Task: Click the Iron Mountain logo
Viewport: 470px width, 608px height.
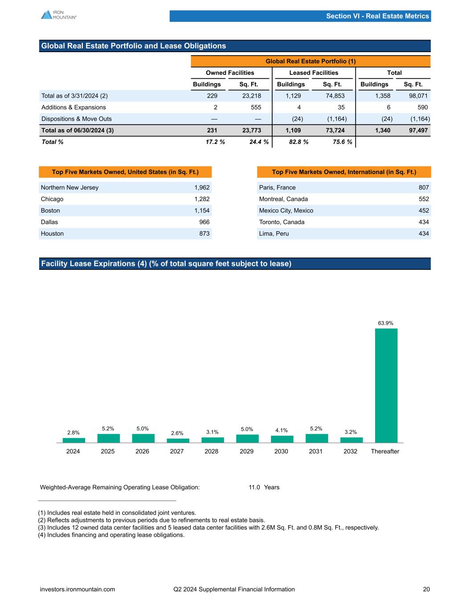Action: [58, 15]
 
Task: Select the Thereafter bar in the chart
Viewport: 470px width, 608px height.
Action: [386, 385]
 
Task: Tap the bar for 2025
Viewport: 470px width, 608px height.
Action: [108, 438]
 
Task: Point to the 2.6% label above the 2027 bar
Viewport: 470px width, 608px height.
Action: [177, 433]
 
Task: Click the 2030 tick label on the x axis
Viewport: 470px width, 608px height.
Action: [281, 451]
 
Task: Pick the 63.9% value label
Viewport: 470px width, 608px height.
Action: [386, 323]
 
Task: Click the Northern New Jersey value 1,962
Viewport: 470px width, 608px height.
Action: [202, 188]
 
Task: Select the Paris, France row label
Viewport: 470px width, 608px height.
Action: [277, 188]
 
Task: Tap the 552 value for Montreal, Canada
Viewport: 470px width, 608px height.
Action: [423, 199]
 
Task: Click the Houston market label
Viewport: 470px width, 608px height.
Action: [52, 233]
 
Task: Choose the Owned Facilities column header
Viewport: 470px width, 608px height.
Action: [230, 73]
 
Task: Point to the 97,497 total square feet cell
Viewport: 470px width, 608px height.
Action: [418, 131]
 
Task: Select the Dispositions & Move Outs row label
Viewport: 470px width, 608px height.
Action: [77, 119]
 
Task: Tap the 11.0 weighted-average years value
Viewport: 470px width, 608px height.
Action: [254, 487]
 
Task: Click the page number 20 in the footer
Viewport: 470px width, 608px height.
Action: [426, 589]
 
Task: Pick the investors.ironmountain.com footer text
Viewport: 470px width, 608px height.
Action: [78, 589]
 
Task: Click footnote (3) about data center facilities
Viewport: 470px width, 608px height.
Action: [208, 527]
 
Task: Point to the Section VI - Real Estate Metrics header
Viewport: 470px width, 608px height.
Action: [377, 16]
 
